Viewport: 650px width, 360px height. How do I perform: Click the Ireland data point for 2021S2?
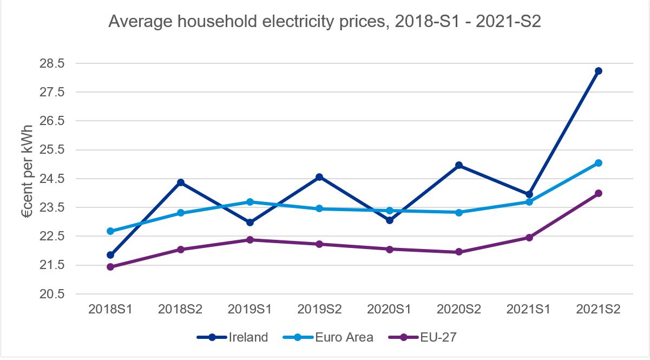click(598, 71)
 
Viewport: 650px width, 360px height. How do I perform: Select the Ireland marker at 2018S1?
click(110, 255)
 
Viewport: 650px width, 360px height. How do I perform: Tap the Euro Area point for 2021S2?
click(598, 163)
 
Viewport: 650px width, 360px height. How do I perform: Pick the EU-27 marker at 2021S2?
click(598, 193)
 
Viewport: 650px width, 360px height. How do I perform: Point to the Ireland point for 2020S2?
click(459, 165)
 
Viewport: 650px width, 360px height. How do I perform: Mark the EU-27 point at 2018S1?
click(110, 267)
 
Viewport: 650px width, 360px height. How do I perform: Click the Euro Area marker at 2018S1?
click(110, 231)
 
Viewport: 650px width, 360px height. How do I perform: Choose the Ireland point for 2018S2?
click(180, 182)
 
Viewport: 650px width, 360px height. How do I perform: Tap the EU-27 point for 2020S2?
click(459, 252)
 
